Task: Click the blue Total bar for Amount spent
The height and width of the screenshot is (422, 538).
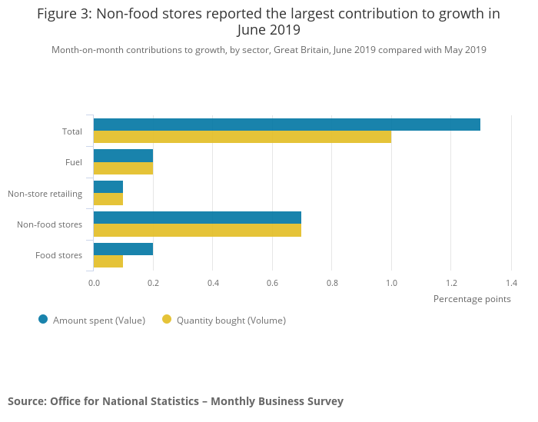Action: [x=287, y=125]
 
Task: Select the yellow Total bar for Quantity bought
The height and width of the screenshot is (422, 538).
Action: [x=242, y=137]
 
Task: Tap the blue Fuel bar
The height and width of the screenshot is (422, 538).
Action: [x=123, y=155]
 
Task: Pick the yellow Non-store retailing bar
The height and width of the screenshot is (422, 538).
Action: [x=108, y=199]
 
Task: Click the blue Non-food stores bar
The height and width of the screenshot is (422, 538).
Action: [x=198, y=218]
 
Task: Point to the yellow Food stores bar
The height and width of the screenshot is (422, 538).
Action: [x=108, y=261]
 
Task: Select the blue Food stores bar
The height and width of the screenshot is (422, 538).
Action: [x=123, y=248]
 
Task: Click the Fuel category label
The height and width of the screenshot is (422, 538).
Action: [x=74, y=162]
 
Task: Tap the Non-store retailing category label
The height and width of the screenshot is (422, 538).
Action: [x=45, y=193]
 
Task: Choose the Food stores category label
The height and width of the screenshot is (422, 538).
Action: [x=59, y=255]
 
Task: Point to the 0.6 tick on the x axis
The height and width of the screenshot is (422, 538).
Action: [x=272, y=282]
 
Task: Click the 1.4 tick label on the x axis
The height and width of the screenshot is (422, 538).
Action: [x=510, y=282]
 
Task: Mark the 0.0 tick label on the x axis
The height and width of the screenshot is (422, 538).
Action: [x=94, y=282]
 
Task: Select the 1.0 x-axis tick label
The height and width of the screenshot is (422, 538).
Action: [x=391, y=282]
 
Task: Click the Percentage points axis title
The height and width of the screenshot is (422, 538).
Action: [x=472, y=298]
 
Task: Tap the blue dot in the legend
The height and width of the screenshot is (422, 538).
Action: [x=43, y=319]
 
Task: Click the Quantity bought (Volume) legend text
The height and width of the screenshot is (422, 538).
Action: [x=231, y=320]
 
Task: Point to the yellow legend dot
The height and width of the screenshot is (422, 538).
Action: [x=167, y=319]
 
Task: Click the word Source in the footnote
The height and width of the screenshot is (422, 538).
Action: [x=26, y=401]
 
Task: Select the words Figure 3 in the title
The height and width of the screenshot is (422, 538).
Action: [x=63, y=14]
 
